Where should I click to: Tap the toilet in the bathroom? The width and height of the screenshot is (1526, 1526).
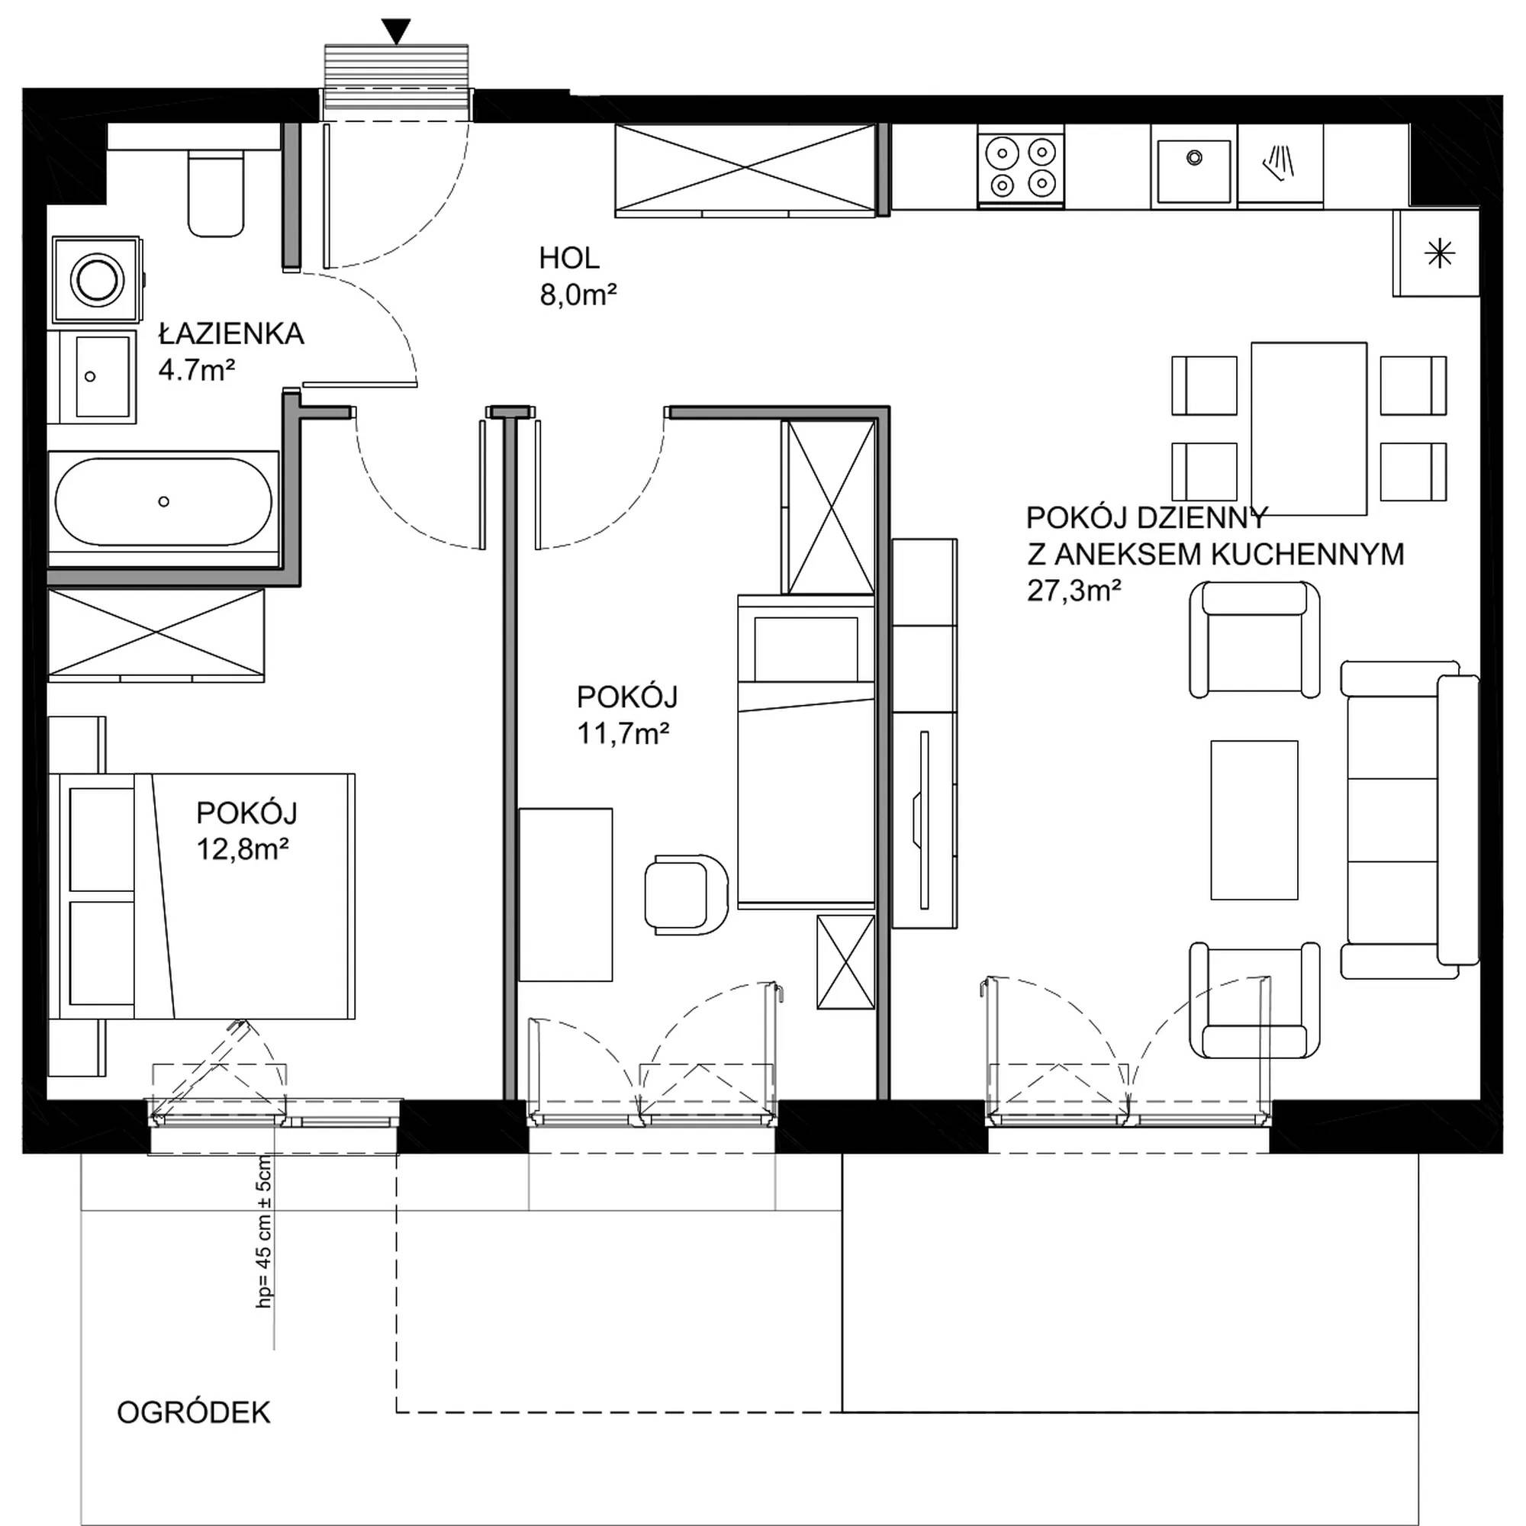click(x=214, y=194)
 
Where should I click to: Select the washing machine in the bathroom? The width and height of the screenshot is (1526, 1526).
click(x=98, y=279)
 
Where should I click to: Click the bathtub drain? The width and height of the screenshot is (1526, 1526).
click(x=163, y=501)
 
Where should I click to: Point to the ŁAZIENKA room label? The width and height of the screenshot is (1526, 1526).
click(x=231, y=334)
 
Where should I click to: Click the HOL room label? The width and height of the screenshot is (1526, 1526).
click(x=568, y=257)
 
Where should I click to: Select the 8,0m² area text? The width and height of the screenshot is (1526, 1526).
click(x=578, y=295)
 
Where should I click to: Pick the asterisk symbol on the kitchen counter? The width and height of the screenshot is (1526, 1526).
click(x=1438, y=254)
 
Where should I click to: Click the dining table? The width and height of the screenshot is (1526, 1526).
click(x=1309, y=428)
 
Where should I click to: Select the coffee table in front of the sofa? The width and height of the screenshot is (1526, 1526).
click(x=1254, y=820)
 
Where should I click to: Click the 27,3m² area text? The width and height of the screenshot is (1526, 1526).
click(x=1074, y=591)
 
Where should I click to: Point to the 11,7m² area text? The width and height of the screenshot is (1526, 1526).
click(x=623, y=734)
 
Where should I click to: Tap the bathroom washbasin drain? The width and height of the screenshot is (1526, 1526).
click(x=90, y=377)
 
